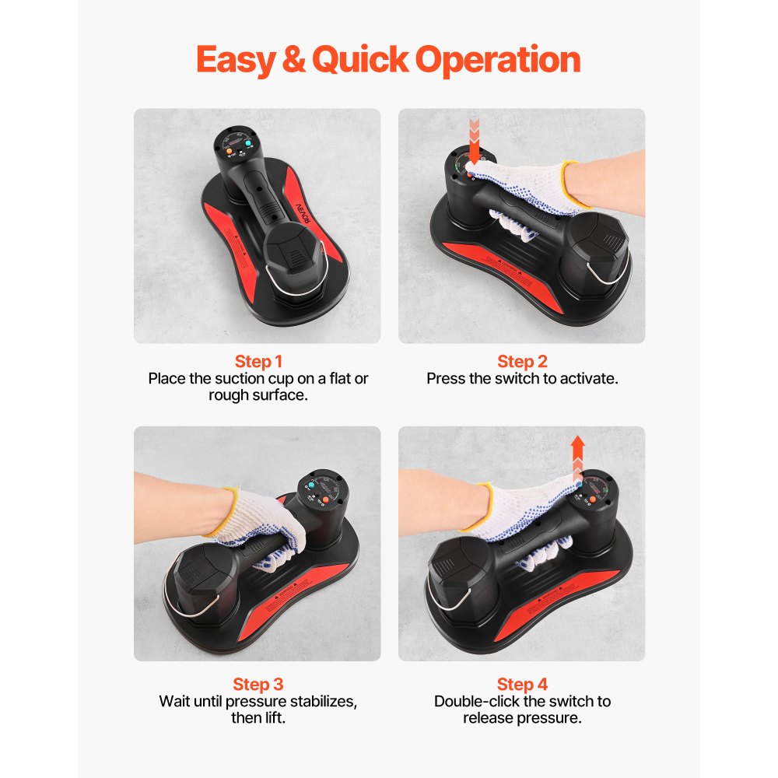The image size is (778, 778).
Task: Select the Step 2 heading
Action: (x=522, y=362)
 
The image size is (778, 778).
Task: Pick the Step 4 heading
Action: (x=522, y=685)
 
